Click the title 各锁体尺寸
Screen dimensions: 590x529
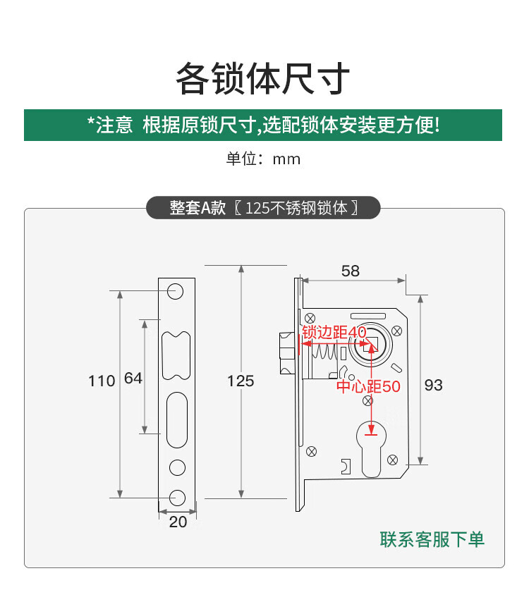pyautogui.click(x=263, y=79)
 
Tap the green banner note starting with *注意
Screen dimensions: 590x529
pyautogui.click(x=263, y=125)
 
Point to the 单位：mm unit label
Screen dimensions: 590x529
pyautogui.click(x=263, y=159)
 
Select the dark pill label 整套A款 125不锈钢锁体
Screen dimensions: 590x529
pyautogui.click(x=263, y=208)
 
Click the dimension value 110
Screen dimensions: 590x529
pyautogui.click(x=102, y=381)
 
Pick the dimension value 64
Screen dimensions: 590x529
pyautogui.click(x=133, y=379)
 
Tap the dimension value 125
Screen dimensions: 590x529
pyautogui.click(x=241, y=381)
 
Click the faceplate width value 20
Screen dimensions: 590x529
pyautogui.click(x=178, y=522)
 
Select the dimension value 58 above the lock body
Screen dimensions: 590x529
pyautogui.click(x=350, y=271)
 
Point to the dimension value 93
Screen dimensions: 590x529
pyautogui.click(x=434, y=385)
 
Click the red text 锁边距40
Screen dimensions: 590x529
pyautogui.click(x=334, y=332)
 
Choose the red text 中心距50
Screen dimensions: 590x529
pyautogui.click(x=367, y=386)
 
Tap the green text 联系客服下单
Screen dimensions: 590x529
pyautogui.click(x=432, y=540)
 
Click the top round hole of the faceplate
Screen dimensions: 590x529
pyautogui.click(x=176, y=290)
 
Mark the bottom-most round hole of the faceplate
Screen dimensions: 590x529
pyautogui.click(x=176, y=496)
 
